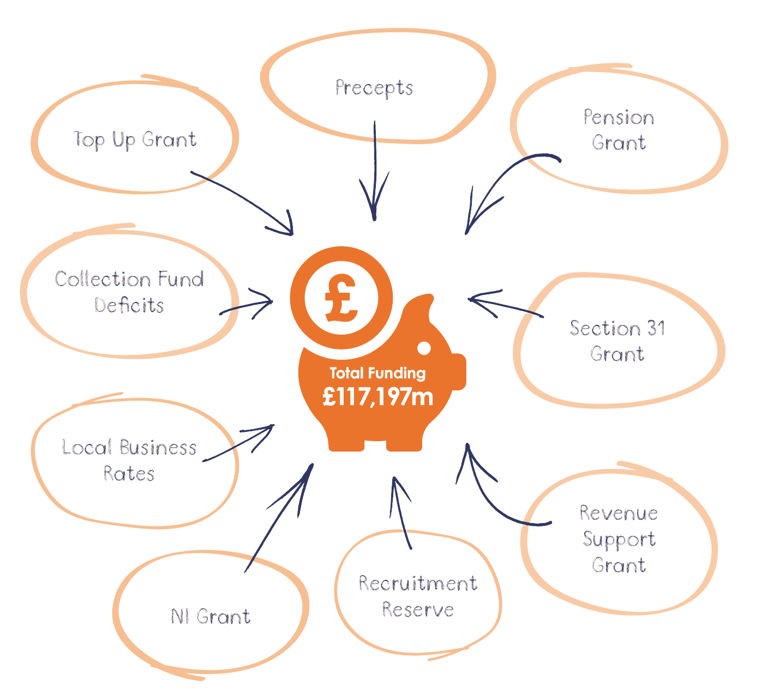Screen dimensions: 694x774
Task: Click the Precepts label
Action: pyautogui.click(x=374, y=88)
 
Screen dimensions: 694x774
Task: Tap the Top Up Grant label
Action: pyautogui.click(x=135, y=140)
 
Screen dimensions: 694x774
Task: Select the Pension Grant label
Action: pyautogui.click(x=619, y=130)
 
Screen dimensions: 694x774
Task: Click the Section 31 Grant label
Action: pyautogui.click(x=617, y=341)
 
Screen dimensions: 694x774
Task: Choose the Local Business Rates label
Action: pyautogui.click(x=129, y=460)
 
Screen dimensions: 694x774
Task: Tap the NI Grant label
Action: pyautogui.click(x=210, y=616)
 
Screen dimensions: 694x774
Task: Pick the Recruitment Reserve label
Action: pyautogui.click(x=418, y=596)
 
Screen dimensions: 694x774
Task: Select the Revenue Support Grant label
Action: pyautogui.click(x=619, y=538)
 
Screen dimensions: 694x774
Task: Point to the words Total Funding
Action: pyautogui.click(x=377, y=373)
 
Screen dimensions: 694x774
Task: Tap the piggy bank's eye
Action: pyautogui.click(x=423, y=347)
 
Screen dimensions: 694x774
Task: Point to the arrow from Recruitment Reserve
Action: pyautogui.click(x=401, y=513)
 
